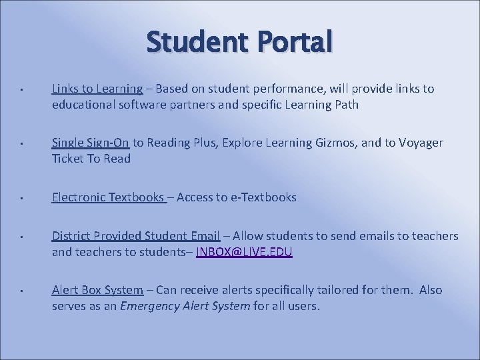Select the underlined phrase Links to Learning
[97, 89]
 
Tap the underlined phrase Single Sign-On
[91, 143]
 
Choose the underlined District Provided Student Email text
[136, 236]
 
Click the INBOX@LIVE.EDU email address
[244, 252]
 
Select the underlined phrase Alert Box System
[97, 290]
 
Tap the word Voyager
[419, 143]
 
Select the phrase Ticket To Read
[91, 159]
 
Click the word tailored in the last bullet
[335, 290]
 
